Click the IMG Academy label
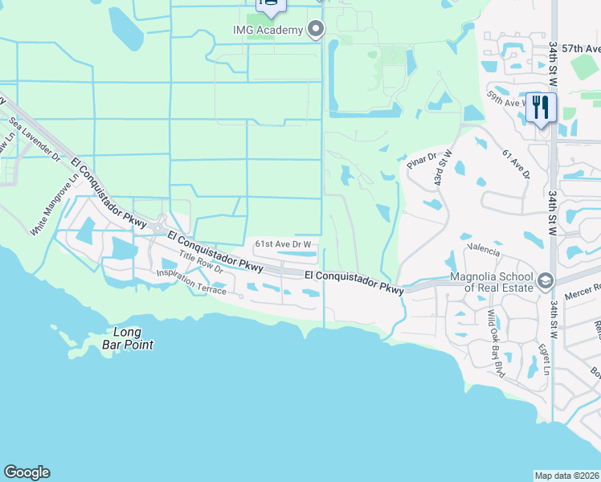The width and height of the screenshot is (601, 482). point(268,30)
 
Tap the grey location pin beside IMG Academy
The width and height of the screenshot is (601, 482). point(316,30)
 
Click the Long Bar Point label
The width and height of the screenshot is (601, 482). point(127,338)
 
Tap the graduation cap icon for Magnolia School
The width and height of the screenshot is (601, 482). point(546,280)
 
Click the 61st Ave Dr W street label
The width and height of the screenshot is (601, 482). point(283,243)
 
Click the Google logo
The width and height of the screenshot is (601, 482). point(27,472)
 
